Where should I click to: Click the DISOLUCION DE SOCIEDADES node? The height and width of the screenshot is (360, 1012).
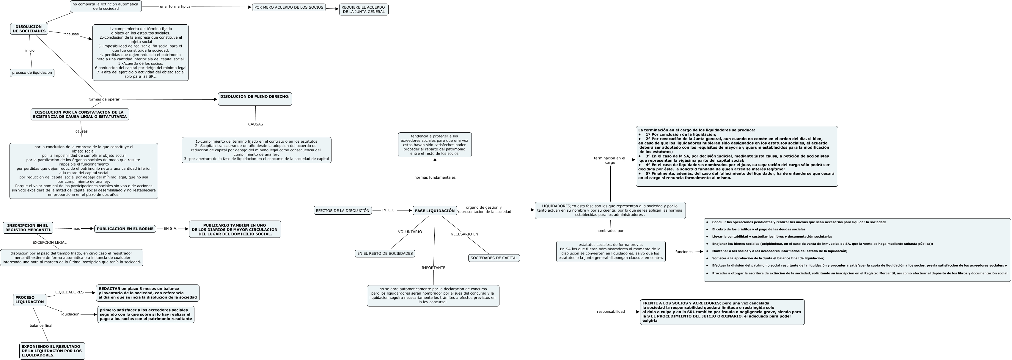tap(29, 29)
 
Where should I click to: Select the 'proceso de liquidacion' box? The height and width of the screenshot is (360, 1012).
tap(32, 73)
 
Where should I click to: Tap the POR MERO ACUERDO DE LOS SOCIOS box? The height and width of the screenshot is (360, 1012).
tap(289, 7)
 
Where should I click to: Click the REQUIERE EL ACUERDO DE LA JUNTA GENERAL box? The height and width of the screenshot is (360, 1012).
tap(363, 10)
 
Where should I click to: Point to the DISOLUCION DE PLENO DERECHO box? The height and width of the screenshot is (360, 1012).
tap(255, 99)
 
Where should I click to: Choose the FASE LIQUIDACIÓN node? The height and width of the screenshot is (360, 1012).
tap(435, 211)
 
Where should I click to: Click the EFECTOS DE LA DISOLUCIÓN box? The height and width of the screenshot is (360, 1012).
tap(342, 211)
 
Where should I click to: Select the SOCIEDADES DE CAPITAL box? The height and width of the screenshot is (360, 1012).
tap(494, 258)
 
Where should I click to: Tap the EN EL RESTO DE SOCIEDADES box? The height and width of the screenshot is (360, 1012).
tap(385, 254)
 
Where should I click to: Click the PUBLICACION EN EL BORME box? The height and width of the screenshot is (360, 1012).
tap(125, 229)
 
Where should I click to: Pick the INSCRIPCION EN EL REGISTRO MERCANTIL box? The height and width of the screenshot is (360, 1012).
tap(28, 227)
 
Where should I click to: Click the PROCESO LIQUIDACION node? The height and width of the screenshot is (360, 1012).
tap(29, 300)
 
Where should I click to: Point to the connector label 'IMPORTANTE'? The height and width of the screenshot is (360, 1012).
tap(433, 268)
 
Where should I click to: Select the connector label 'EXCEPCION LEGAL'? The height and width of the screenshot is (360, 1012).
tap(49, 243)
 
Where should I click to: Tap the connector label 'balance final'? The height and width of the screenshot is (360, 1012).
tap(41, 326)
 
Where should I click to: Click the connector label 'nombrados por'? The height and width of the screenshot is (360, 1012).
tap(610, 231)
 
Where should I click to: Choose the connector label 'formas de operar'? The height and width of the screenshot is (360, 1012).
tap(104, 99)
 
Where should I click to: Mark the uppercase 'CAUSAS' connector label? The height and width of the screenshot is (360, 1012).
tap(255, 124)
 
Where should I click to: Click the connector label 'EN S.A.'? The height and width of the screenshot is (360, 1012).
tap(171, 229)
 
